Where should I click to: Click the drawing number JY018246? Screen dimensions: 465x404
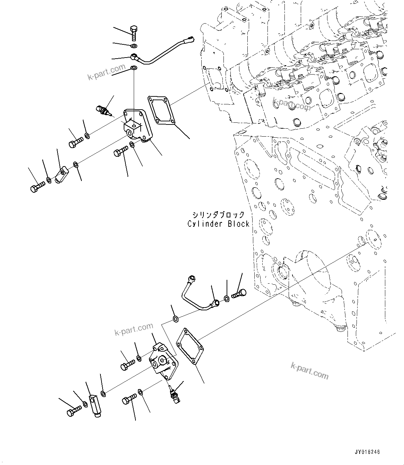pyautogui.click(x=367, y=452)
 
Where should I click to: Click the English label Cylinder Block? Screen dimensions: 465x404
pyautogui.click(x=218, y=224)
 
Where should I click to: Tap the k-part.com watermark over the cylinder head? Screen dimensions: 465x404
pyautogui.click(x=291, y=104)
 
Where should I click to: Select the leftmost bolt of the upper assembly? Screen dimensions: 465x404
pyautogui.click(x=37, y=187)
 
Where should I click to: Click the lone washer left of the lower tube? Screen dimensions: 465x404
pyautogui.click(x=175, y=318)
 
